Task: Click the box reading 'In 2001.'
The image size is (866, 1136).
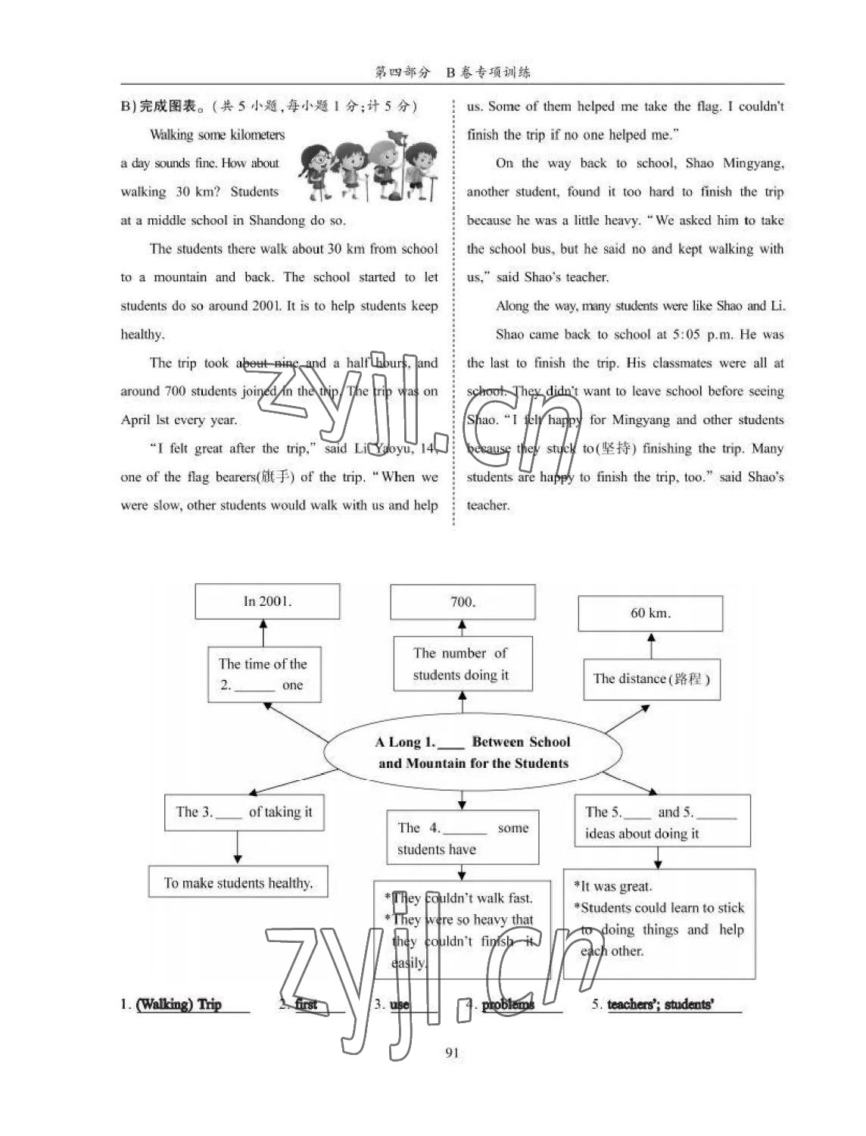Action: point(267,601)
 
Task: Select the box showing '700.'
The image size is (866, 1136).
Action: point(463,602)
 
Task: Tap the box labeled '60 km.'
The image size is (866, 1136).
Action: point(650,613)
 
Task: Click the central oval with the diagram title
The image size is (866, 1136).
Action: point(473,752)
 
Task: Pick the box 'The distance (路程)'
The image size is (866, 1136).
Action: point(651,679)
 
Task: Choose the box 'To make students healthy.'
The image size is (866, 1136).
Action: point(238,882)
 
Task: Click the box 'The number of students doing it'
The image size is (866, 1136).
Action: point(462,664)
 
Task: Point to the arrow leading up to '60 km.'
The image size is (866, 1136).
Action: point(651,646)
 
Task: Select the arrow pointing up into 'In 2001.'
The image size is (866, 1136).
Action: point(263,632)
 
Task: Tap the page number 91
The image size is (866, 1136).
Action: point(452,1052)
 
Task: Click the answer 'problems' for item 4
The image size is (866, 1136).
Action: point(508,1004)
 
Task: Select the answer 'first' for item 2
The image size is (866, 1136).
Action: point(307,1004)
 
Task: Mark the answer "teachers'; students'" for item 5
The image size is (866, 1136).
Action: point(660,1004)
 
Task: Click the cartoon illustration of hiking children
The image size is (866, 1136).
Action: point(369,169)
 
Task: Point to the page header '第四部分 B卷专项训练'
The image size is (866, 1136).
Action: point(453,72)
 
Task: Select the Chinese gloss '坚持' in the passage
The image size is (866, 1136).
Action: point(614,448)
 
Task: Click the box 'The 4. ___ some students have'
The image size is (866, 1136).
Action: point(463,838)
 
